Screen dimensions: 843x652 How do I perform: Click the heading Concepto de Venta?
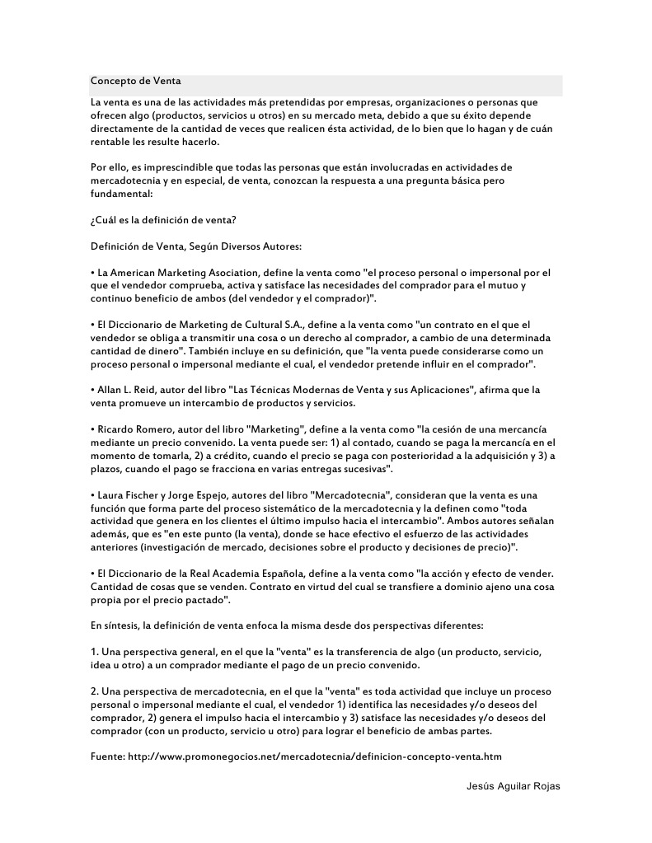coord(135,81)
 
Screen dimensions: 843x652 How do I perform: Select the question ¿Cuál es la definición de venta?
coord(163,220)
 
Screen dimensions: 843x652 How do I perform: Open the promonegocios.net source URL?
coord(315,756)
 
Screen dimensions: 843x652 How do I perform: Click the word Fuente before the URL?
coord(107,756)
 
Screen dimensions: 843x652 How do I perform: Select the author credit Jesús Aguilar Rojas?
coord(513,786)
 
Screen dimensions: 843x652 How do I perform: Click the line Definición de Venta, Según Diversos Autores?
coord(196,246)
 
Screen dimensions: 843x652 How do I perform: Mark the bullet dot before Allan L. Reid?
coord(92,389)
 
